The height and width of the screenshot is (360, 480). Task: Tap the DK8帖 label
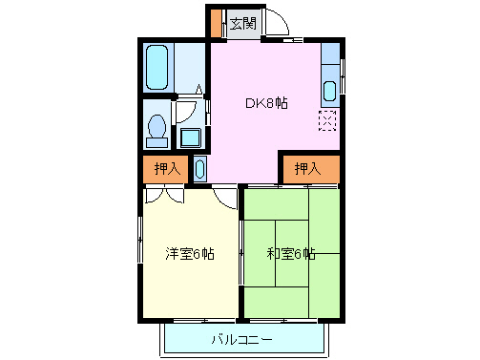click(266, 102)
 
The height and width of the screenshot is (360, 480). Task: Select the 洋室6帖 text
click(189, 254)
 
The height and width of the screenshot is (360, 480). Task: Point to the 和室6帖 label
click(290, 254)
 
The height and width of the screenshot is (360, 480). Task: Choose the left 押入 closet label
click(166, 169)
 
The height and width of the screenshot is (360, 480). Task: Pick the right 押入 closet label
click(306, 169)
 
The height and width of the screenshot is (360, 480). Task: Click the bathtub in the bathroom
click(157, 67)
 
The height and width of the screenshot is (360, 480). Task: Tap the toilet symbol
click(157, 128)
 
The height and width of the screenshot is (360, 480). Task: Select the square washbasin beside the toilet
click(191, 137)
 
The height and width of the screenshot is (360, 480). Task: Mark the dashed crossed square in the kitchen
click(328, 121)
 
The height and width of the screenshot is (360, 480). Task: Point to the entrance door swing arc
click(275, 24)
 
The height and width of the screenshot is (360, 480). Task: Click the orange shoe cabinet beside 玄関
click(216, 22)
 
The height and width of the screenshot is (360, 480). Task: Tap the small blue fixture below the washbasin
click(198, 169)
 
